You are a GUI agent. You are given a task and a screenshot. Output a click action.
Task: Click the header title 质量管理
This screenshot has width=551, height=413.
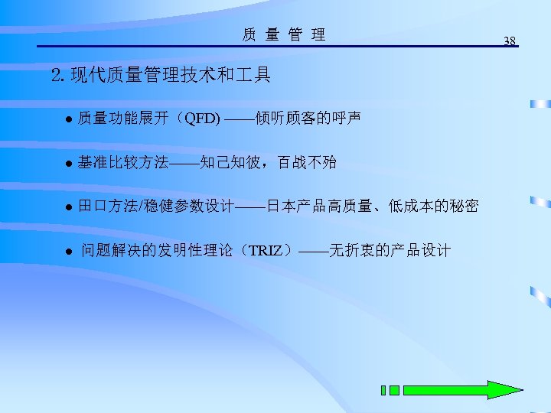click(284, 34)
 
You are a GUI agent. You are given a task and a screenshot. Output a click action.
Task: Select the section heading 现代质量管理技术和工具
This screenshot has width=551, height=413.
click(170, 75)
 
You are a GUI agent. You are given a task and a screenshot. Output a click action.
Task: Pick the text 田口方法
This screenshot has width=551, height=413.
click(108, 206)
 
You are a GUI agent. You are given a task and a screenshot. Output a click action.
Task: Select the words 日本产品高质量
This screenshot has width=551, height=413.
click(318, 206)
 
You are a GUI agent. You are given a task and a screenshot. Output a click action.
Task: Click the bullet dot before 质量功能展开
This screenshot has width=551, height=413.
click(67, 119)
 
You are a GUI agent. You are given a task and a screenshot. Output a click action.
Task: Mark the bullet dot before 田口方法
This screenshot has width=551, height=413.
click(67, 207)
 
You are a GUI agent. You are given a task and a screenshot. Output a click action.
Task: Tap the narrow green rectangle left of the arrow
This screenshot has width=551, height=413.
click(383, 390)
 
